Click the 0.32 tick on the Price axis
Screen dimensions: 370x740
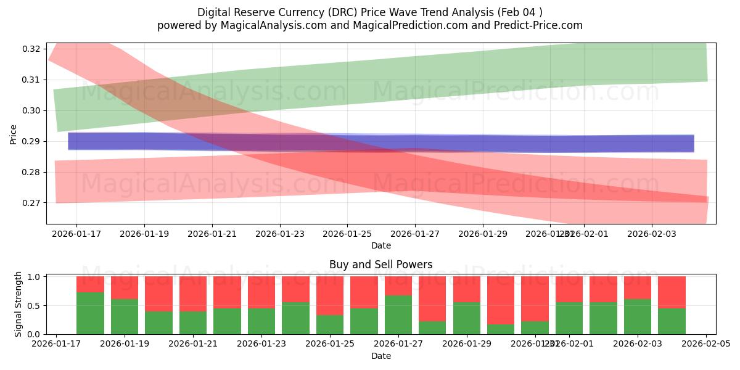pyautogui.click(x=32, y=49)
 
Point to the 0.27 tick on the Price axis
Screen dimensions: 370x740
pyautogui.click(x=32, y=203)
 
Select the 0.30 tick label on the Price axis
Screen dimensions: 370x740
pyautogui.click(x=32, y=110)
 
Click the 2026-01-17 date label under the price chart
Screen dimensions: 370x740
pyautogui.click(x=76, y=234)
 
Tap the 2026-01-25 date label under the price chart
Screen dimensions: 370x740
pyautogui.click(x=347, y=234)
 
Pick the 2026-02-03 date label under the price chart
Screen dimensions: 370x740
pyautogui.click(x=652, y=234)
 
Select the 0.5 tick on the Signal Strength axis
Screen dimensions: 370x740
pyautogui.click(x=35, y=305)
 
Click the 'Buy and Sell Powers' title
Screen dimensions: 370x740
pyautogui.click(x=380, y=265)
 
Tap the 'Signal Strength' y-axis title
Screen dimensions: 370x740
pyautogui.click(x=18, y=303)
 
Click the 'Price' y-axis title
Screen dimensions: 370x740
pyautogui.click(x=14, y=134)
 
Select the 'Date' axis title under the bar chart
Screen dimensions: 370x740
pyautogui.click(x=380, y=356)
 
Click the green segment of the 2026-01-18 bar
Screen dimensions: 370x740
pyautogui.click(x=90, y=313)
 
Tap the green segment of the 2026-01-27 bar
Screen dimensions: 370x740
pyautogui.click(x=398, y=314)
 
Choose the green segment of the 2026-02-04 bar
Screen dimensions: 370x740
pyautogui.click(x=672, y=321)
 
